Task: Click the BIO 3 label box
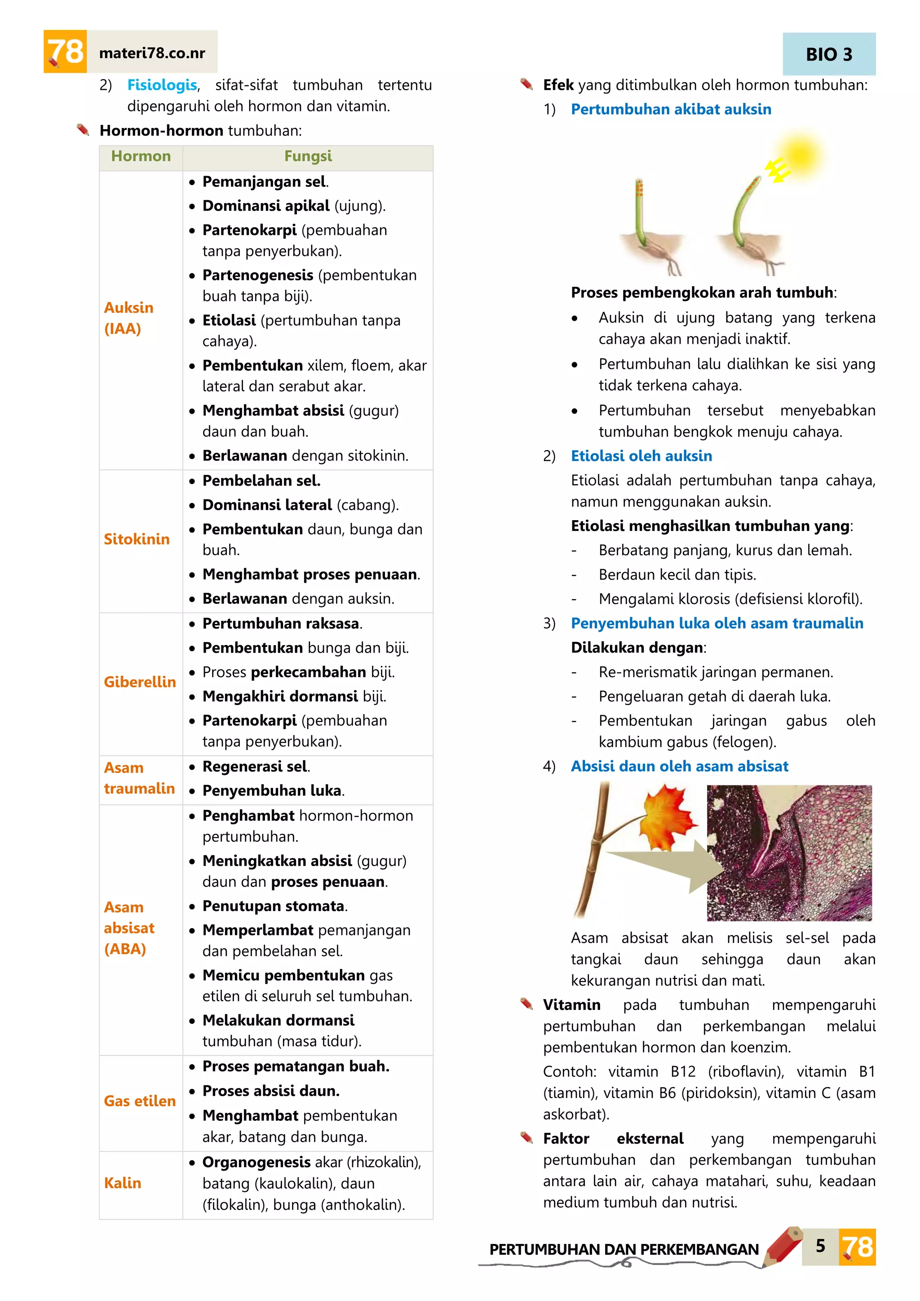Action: [829, 54]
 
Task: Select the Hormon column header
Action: [141, 156]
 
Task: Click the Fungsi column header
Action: [308, 156]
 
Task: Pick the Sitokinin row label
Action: [137, 539]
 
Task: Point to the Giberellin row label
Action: [139, 681]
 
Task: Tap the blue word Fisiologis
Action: [162, 85]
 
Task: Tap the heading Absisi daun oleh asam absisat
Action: [679, 766]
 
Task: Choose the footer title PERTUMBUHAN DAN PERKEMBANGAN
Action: [623, 1249]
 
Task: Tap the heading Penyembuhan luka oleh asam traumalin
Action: [717, 623]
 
